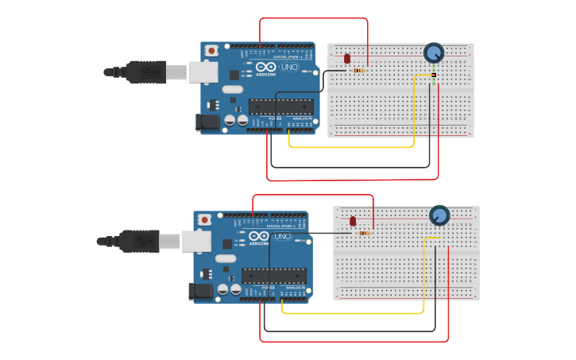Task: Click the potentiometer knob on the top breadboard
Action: (x=433, y=52)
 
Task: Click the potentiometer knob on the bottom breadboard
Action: (x=439, y=215)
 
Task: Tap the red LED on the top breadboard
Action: (x=346, y=58)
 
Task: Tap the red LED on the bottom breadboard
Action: (x=353, y=221)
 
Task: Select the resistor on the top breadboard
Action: (x=358, y=71)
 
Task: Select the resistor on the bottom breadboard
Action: (x=365, y=233)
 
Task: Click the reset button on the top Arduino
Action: (x=211, y=51)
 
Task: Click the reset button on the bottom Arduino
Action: (x=204, y=219)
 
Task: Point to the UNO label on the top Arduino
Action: (x=289, y=68)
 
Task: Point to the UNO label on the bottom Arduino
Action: (x=282, y=237)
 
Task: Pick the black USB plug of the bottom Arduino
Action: (x=138, y=241)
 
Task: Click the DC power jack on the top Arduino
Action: (x=208, y=122)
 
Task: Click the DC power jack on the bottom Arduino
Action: (x=201, y=291)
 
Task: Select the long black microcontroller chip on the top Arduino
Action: (x=280, y=106)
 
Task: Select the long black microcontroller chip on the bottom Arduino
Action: (x=274, y=276)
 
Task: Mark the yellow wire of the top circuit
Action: (x=350, y=147)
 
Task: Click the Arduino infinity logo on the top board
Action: (x=266, y=68)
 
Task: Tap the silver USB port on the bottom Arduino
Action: (x=196, y=241)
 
